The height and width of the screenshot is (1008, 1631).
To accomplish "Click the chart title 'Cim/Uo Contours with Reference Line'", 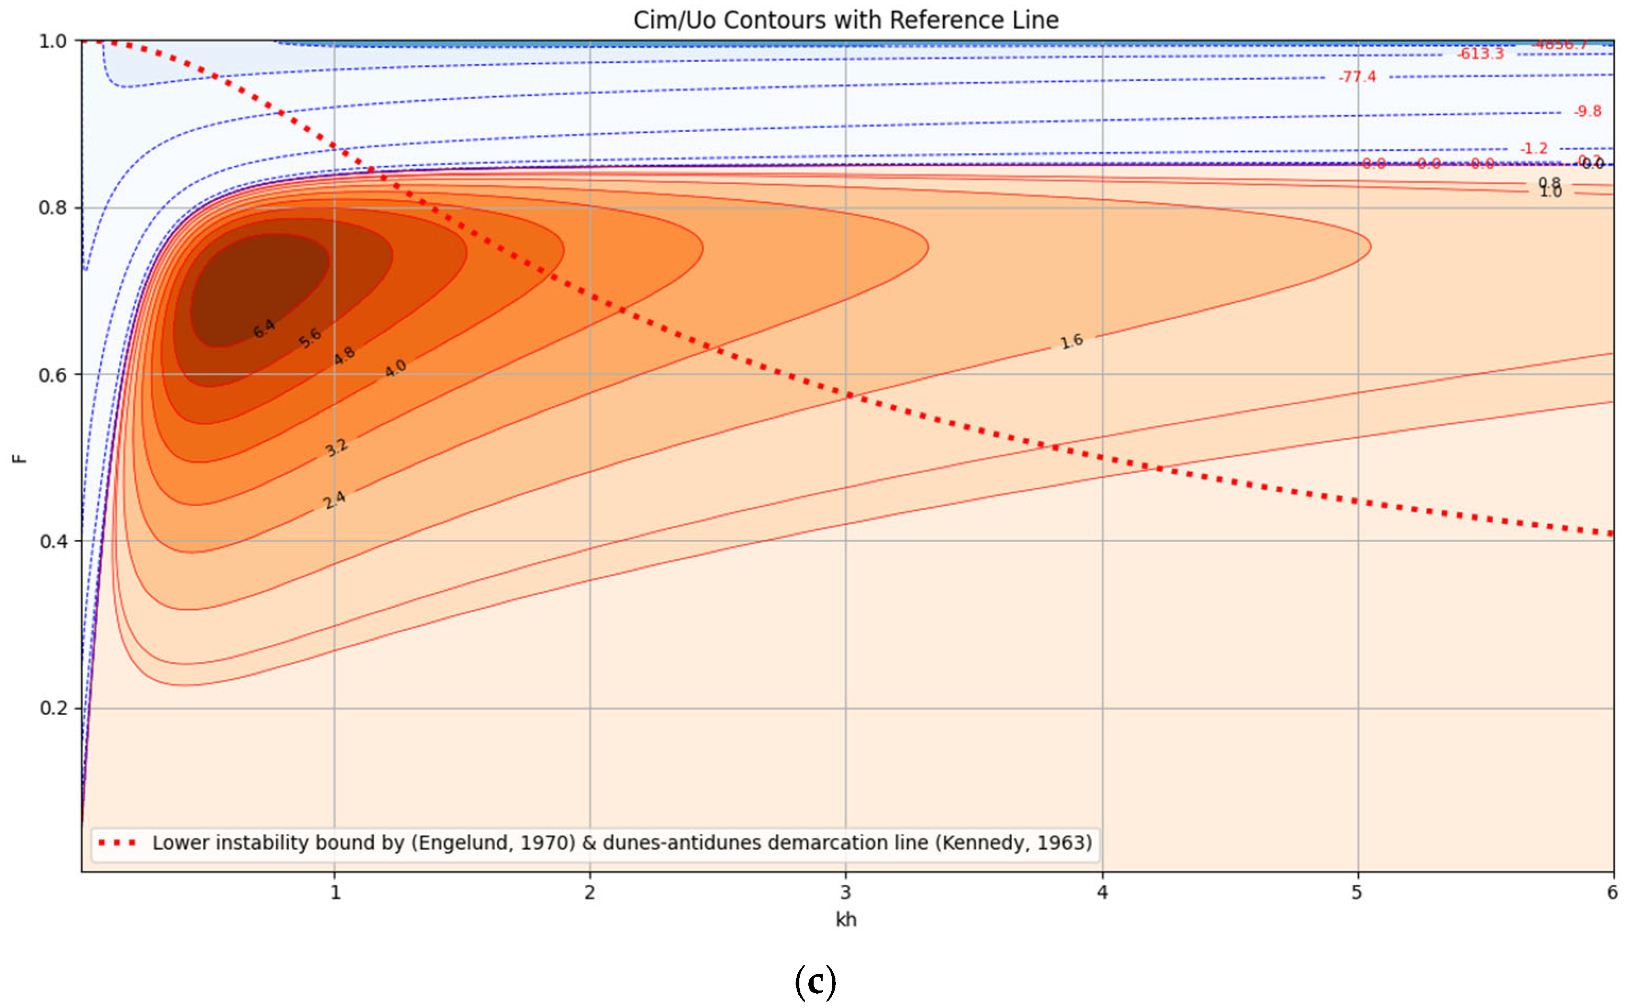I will click(x=845, y=20).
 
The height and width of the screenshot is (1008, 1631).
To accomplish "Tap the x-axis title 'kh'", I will click(x=846, y=919).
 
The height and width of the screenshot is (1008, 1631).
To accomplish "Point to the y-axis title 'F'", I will click(x=20, y=458).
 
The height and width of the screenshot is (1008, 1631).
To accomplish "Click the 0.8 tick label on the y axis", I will click(x=53, y=208).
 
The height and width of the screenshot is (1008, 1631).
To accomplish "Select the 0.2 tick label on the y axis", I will click(x=53, y=708).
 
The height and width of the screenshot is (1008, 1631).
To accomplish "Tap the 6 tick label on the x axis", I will click(x=1612, y=892).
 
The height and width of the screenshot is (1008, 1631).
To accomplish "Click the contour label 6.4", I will click(x=264, y=328).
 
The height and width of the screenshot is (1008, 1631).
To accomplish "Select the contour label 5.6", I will click(x=309, y=338).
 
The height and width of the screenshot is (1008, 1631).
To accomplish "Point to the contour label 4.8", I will click(x=344, y=355).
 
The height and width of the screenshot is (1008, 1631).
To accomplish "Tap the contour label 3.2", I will click(x=336, y=447).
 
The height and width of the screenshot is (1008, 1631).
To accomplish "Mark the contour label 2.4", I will click(x=334, y=500).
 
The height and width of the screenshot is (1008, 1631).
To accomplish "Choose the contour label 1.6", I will click(x=1071, y=342).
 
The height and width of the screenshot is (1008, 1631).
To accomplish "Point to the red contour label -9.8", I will click(x=1587, y=111).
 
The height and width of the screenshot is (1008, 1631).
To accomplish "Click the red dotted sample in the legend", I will click(x=117, y=843).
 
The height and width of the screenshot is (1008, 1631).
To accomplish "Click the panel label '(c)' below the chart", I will click(x=815, y=981).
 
